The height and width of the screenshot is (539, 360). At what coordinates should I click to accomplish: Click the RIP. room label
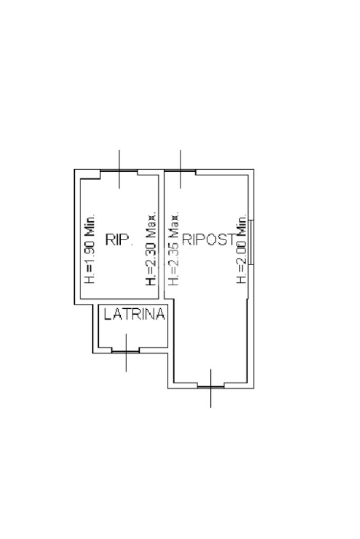119,239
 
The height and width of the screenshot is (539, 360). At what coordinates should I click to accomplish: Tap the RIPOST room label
209,239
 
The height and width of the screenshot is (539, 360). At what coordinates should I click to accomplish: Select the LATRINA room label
134,314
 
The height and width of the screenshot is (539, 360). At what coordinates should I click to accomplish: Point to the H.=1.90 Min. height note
90,249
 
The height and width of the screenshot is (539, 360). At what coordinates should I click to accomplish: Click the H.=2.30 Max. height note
151,249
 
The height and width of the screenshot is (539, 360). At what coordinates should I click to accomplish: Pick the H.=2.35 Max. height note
173,249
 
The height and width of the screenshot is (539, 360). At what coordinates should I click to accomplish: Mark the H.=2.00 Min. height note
241,250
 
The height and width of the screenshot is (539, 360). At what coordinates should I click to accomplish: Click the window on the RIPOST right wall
251,242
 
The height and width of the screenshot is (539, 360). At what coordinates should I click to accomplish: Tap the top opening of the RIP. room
119,171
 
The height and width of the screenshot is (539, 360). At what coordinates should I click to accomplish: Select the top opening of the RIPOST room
180,171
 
